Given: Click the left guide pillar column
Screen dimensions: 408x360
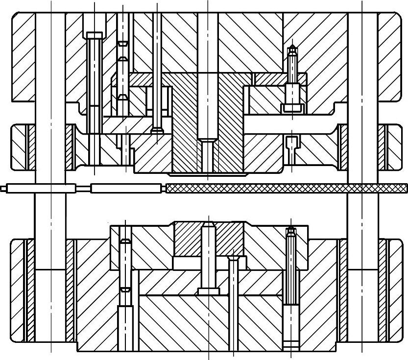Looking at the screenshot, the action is [x=50, y=147].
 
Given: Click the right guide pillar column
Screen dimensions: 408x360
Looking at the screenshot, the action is [x=362, y=147].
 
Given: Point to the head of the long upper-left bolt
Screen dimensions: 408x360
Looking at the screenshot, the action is [x=94, y=35].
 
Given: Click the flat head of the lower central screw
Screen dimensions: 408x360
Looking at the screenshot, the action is [x=208, y=291].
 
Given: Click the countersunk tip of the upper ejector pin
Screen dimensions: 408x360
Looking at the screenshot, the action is [x=157, y=130].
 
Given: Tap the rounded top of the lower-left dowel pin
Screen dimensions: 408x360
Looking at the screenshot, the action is [x=125, y=241].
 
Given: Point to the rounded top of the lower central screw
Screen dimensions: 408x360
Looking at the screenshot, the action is [x=208, y=226].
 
